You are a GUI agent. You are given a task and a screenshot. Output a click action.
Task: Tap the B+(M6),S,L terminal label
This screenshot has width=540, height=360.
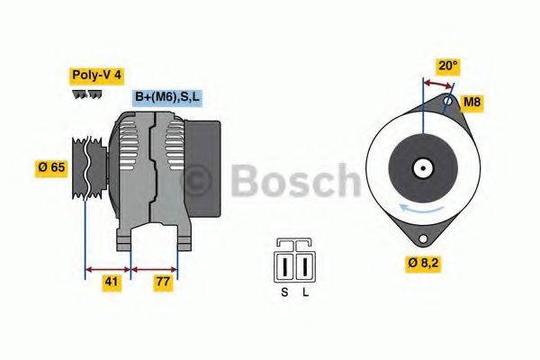coord(167,96)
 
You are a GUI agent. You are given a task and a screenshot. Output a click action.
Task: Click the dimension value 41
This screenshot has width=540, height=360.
coord(110,282)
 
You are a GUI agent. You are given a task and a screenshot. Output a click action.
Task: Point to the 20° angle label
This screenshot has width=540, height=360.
coord(447,65)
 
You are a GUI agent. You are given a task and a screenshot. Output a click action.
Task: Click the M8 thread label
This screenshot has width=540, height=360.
coord(472,102)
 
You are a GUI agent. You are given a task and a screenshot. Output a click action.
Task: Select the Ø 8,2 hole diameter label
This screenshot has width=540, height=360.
coord(422,264)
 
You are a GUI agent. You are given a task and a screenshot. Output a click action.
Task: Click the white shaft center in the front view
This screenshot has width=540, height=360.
coord(420,168)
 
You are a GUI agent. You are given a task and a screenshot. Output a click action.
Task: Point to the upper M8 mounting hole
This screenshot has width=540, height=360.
coord(446,103)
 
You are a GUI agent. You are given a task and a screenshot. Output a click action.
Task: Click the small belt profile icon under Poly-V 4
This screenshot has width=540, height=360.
coord(80,94)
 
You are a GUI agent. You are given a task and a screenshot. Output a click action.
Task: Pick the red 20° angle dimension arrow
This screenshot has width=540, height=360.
coord(438,82)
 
